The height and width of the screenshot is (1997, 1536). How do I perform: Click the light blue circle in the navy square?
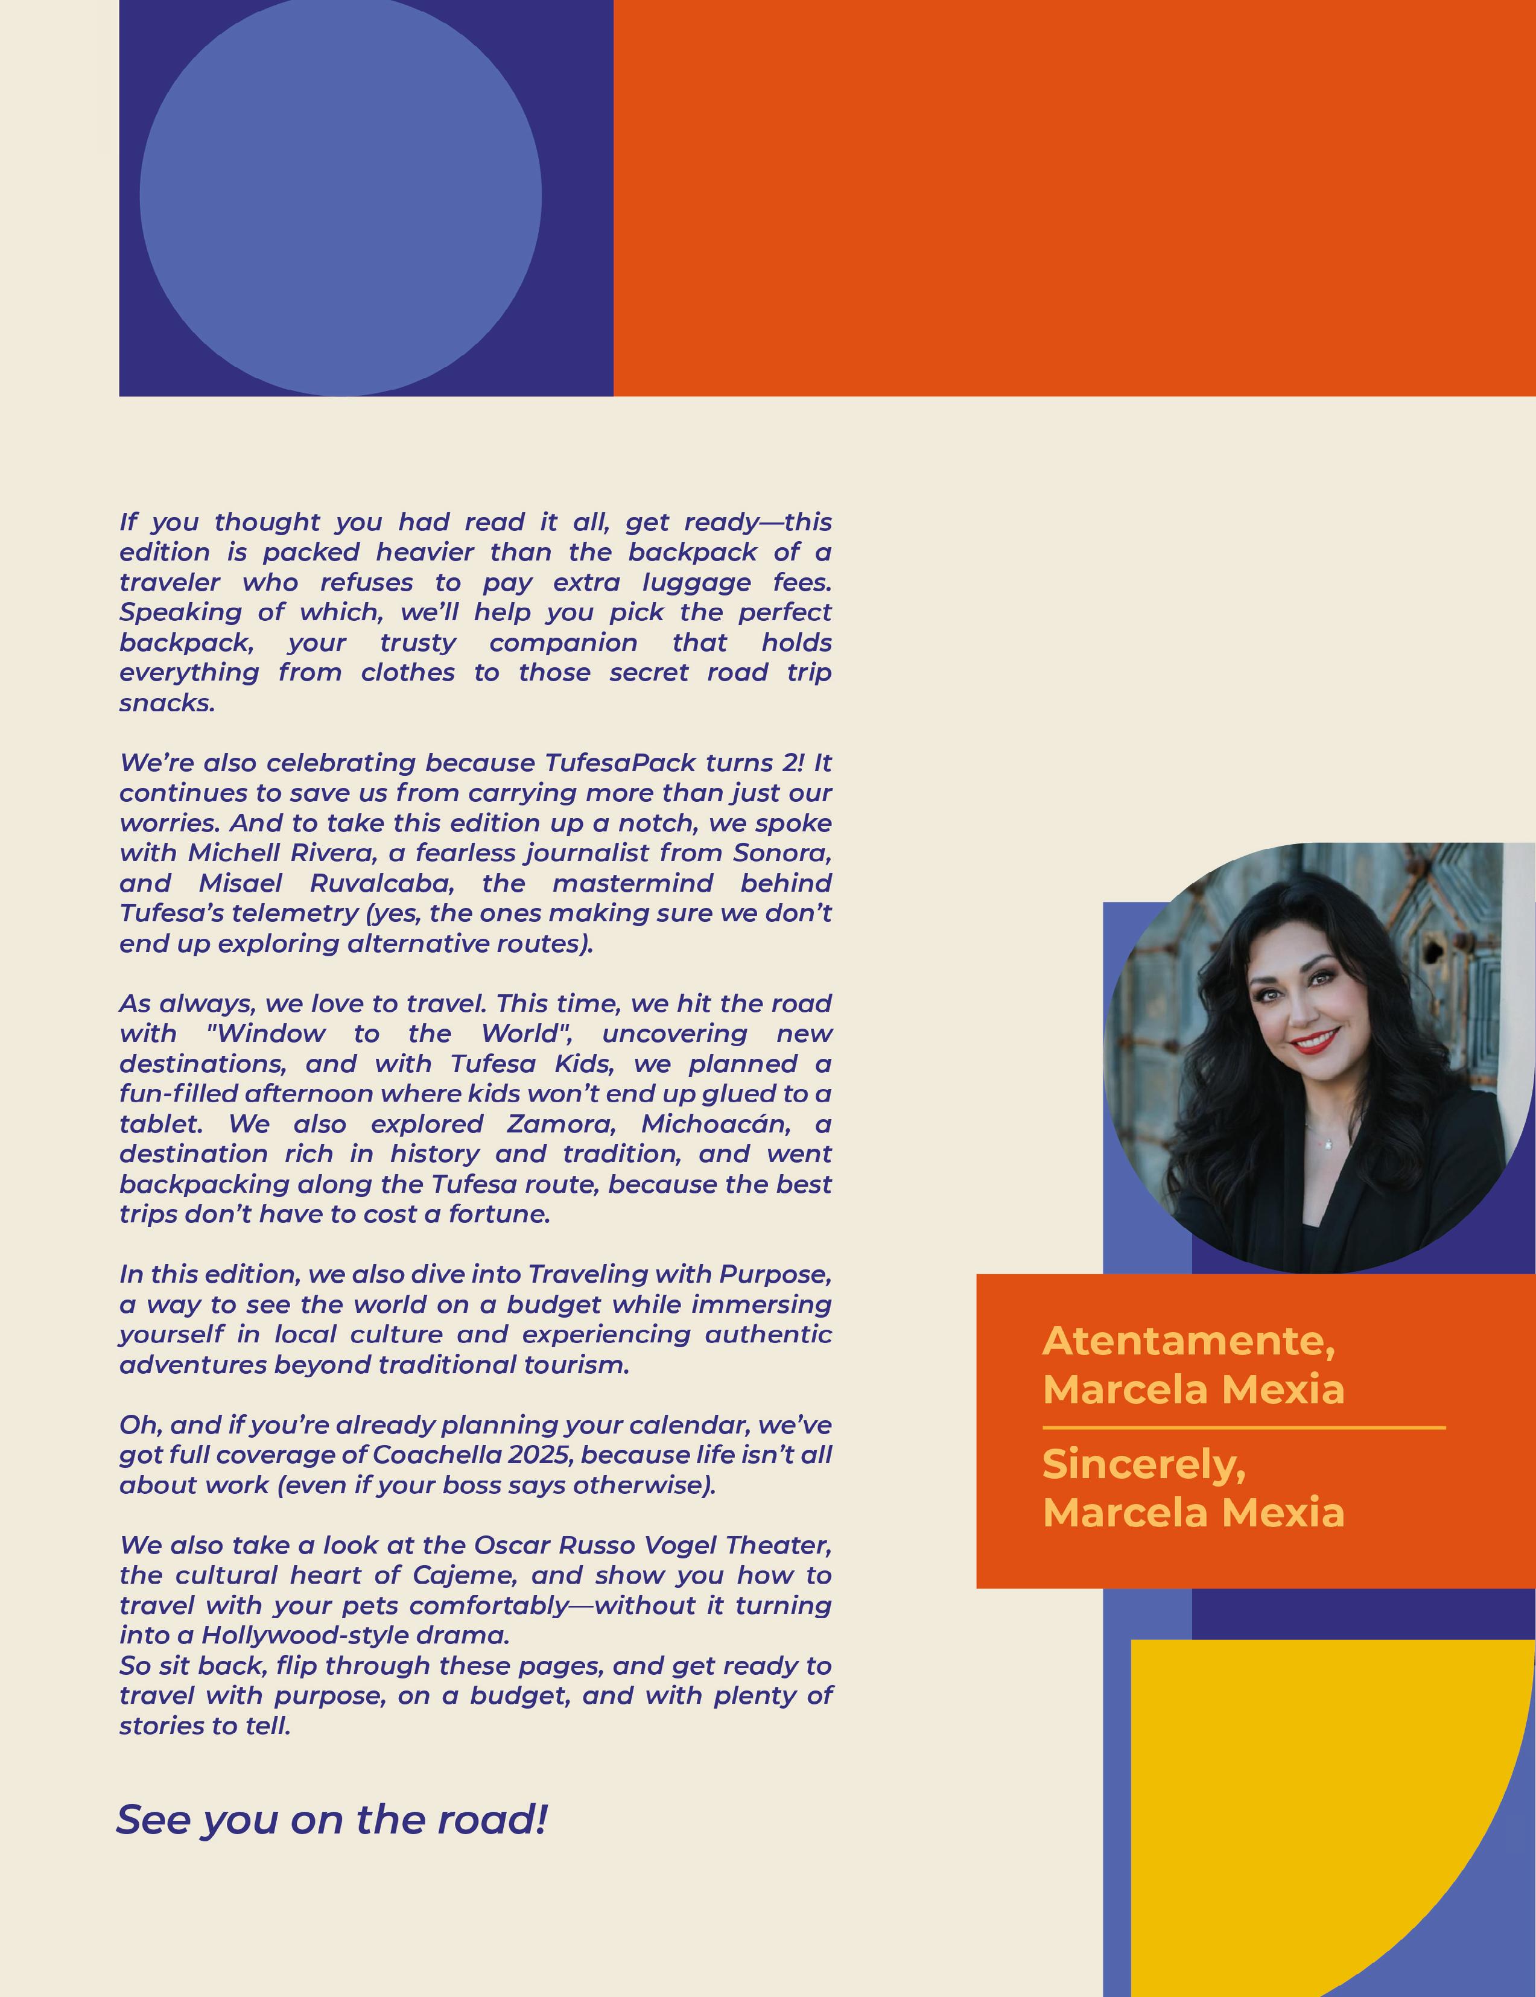point(340,197)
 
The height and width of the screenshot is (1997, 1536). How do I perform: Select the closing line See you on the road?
point(332,1820)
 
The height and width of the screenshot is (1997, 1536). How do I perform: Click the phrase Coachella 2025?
point(474,1455)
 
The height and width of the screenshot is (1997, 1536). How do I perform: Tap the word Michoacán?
point(716,1124)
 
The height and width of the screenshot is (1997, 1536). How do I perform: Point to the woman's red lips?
point(1315,1041)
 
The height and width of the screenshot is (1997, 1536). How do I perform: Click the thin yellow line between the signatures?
point(1243,1427)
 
